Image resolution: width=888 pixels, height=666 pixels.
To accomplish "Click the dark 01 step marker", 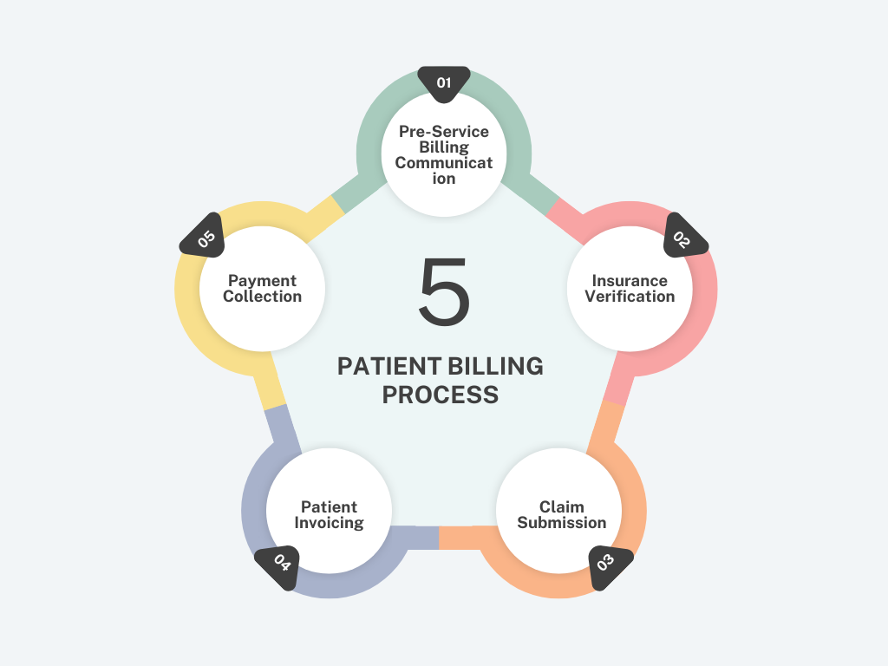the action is click(x=444, y=84).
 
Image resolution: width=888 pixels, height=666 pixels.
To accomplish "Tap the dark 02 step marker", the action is click(x=683, y=238).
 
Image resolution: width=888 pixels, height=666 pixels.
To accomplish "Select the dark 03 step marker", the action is click(x=609, y=566).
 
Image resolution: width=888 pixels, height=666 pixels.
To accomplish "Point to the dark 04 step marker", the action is click(x=278, y=566).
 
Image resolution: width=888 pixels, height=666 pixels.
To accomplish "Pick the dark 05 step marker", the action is click(x=204, y=238).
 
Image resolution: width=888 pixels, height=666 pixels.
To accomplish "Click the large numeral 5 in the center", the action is click(x=445, y=291).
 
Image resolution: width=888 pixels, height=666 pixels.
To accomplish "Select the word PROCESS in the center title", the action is click(x=441, y=395).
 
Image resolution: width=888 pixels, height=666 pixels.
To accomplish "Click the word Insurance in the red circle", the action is click(x=630, y=280).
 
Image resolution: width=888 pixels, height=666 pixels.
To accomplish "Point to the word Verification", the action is click(x=630, y=297).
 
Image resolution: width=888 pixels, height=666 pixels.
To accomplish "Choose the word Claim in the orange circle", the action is click(x=561, y=506).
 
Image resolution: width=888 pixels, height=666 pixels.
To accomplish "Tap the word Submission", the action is click(x=561, y=522).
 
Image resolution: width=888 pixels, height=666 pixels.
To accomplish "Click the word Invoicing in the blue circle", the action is click(x=329, y=523).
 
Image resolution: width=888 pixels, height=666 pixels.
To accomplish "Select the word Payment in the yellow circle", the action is click(x=262, y=281).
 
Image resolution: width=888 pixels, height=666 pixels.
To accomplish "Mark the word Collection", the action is click(x=262, y=297).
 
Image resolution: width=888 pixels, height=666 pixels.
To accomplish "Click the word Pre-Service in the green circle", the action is click(x=444, y=132).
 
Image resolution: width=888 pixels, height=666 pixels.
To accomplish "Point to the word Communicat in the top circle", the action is click(x=444, y=162).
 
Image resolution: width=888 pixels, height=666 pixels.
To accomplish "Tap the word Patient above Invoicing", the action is click(x=329, y=506).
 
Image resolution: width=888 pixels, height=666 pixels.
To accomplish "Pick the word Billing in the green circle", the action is click(x=444, y=147).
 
